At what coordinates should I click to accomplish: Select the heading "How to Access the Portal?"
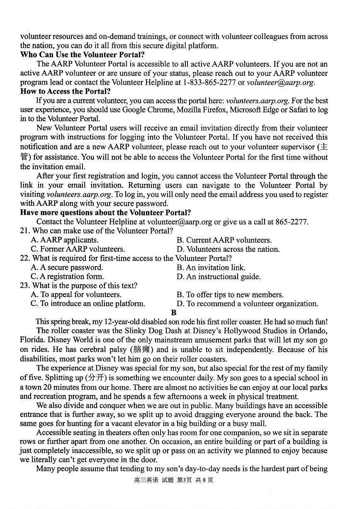[x=66, y=91]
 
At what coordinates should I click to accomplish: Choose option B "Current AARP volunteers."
[x=224, y=240]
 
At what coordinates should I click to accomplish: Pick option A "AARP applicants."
[x=65, y=240]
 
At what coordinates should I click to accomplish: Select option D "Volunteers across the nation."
[x=228, y=249]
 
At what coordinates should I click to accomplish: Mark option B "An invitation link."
[x=211, y=268]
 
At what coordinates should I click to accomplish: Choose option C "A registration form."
[x=67, y=277]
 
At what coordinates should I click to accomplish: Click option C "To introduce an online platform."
[x=88, y=304]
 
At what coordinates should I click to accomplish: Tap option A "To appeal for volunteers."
[x=76, y=295]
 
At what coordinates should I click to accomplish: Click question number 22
[x=24, y=258]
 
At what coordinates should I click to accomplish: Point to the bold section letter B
[x=174, y=313]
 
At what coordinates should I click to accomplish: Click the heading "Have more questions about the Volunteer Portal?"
[x=106, y=213]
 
